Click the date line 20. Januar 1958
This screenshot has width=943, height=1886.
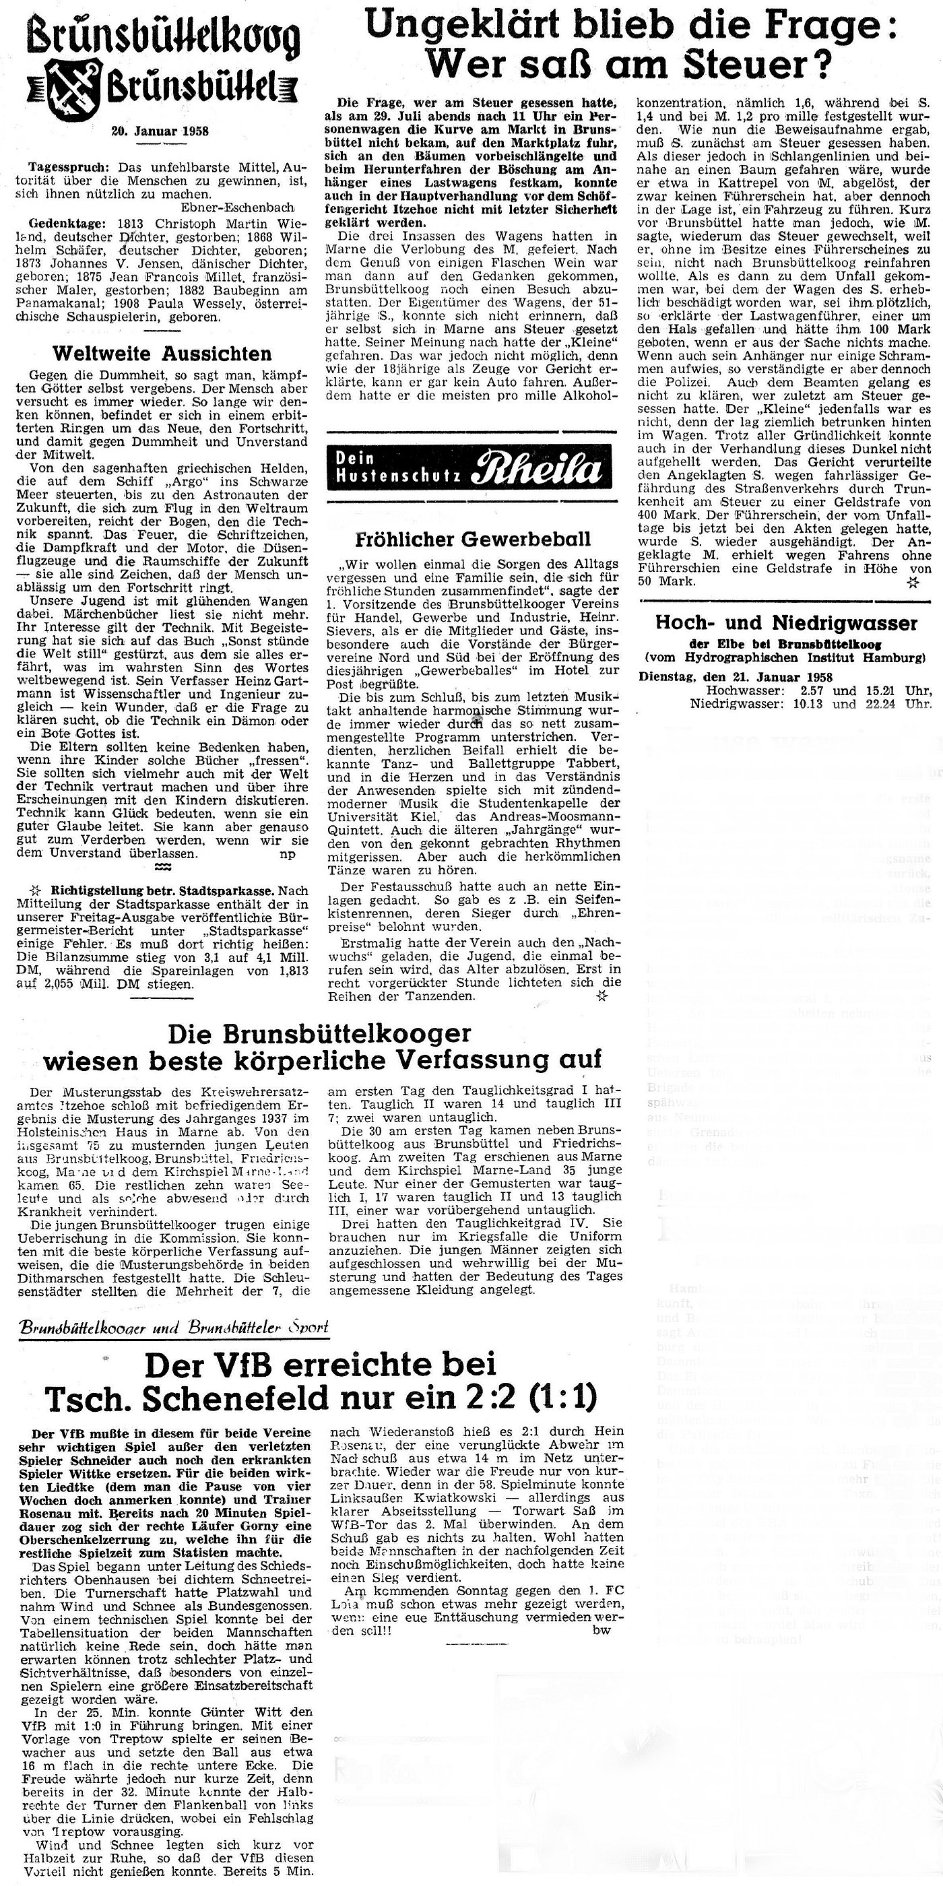pyautogui.click(x=160, y=132)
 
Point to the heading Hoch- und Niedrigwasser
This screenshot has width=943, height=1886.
pyautogui.click(x=785, y=623)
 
